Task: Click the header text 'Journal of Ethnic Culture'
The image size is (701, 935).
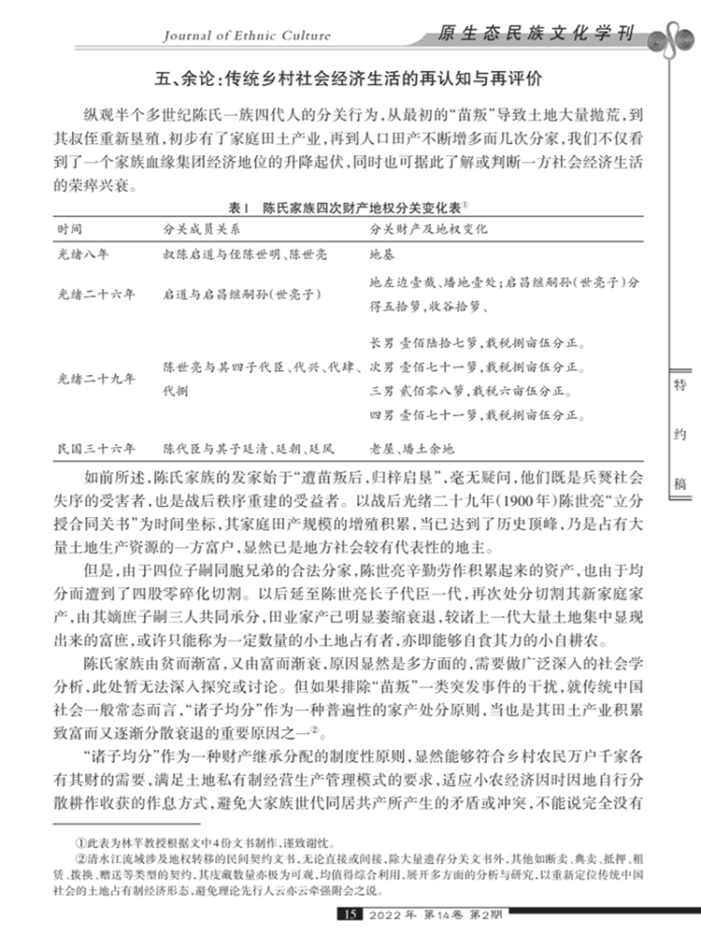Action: (x=247, y=36)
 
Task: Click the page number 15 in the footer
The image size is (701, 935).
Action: (x=351, y=913)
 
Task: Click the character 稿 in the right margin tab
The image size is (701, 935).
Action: (x=680, y=483)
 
